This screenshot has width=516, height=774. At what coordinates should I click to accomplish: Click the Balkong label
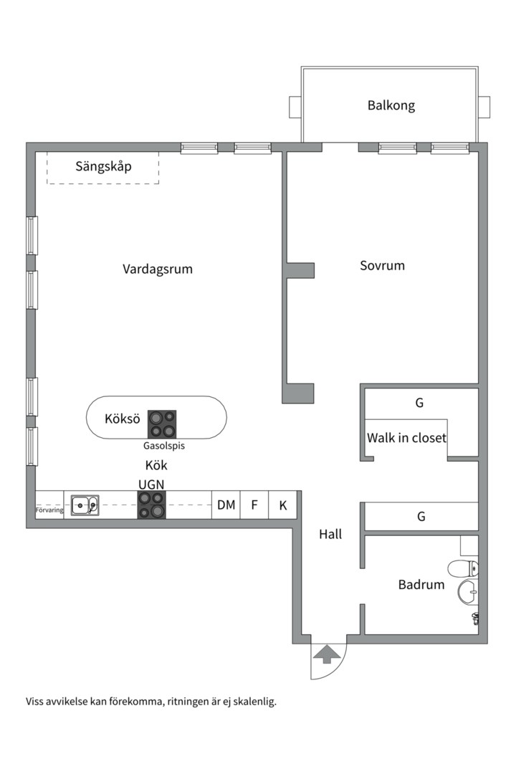391,105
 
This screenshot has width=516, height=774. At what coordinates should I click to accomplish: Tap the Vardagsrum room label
158,269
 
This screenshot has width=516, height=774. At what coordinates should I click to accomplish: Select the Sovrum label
382,265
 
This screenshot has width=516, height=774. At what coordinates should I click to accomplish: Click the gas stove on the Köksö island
162,424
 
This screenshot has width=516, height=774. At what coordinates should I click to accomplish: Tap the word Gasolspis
164,446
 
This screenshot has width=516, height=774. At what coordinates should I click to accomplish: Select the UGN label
151,484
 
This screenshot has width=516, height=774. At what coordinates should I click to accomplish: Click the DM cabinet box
226,505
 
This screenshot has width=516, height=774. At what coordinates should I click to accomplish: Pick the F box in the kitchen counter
254,505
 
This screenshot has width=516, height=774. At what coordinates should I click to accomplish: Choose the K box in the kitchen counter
283,505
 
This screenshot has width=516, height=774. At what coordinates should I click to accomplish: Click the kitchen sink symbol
85,505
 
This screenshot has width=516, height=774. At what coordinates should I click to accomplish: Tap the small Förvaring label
49,510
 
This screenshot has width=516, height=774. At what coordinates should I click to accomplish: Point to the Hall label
330,534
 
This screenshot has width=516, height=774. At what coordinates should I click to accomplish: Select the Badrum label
421,585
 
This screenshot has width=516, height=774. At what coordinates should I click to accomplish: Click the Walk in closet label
406,437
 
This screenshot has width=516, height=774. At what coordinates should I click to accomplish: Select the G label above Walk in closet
419,403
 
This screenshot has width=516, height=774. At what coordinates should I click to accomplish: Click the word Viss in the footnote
36,702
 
